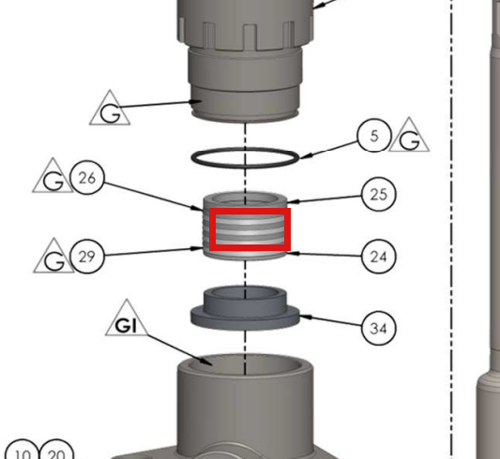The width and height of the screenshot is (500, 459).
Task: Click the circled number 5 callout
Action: click(x=374, y=135)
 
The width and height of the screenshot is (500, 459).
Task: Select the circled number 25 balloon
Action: click(x=379, y=194)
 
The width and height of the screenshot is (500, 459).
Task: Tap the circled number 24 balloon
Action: click(x=379, y=257)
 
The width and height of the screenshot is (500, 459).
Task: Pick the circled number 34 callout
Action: click(x=379, y=328)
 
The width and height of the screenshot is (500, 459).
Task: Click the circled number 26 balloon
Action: click(x=87, y=178)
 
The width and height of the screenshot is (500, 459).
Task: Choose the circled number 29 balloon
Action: click(x=87, y=257)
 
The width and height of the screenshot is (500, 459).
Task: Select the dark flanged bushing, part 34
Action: click(x=245, y=308)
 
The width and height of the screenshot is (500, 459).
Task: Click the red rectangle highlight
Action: click(x=250, y=209)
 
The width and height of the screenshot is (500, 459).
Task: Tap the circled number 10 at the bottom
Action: click(x=23, y=452)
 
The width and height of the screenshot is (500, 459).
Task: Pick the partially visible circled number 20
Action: click(x=57, y=452)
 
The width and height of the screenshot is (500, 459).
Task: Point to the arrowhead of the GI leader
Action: click(x=208, y=362)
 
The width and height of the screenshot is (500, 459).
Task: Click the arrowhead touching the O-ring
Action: click(x=305, y=155)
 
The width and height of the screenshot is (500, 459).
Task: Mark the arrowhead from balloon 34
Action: click(x=306, y=317)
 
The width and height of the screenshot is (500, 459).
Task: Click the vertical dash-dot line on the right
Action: click(x=451, y=229)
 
